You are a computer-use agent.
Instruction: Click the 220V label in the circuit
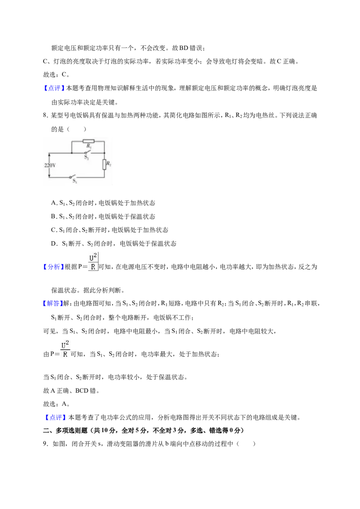point(49,165)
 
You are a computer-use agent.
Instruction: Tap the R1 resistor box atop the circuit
point(88,141)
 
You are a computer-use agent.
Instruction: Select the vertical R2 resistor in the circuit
point(104,164)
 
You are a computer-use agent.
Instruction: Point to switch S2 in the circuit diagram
point(87,153)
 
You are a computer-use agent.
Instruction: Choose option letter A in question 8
point(54,203)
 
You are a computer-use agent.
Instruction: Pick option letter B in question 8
point(54,217)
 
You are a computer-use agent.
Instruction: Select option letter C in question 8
point(54,230)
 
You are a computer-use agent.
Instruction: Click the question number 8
point(45,115)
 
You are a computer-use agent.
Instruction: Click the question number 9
point(45,444)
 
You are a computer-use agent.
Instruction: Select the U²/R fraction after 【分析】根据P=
point(93,262)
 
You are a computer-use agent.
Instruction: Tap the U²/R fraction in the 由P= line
point(65,349)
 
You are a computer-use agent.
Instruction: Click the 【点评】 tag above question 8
point(54,88)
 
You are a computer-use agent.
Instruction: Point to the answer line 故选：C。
point(56,75)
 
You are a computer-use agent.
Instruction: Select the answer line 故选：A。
point(56,404)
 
